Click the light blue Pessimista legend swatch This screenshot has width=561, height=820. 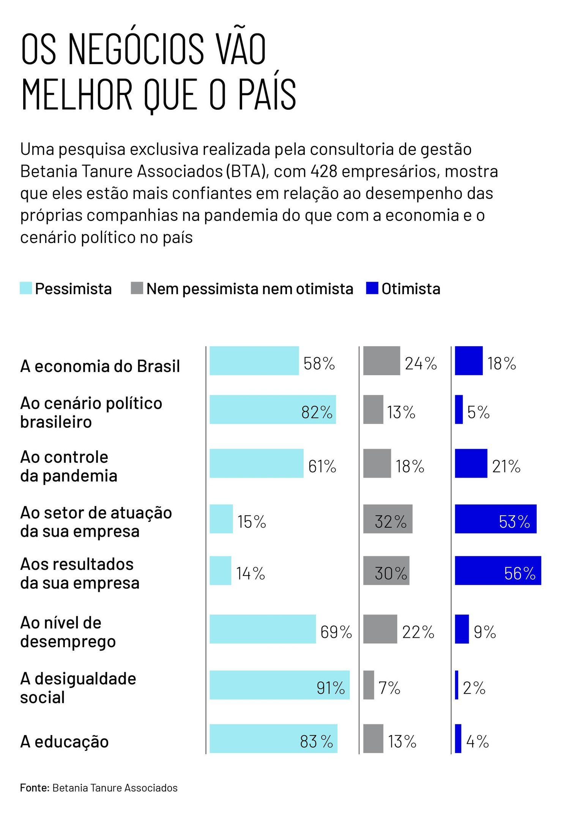click(26, 288)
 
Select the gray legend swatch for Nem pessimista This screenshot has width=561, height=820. click(137, 288)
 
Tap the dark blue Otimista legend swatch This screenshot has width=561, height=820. click(372, 288)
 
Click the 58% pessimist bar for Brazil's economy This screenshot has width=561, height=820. click(254, 361)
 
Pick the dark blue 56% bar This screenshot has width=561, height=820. click(498, 570)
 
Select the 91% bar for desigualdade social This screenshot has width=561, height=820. click(279, 685)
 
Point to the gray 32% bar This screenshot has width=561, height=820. click(388, 519)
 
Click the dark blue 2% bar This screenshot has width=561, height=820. click(457, 685)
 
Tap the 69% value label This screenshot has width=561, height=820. click(336, 632)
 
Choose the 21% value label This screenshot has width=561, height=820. click(506, 466)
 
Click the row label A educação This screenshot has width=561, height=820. click(65, 741)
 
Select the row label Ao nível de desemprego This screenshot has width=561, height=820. click(68, 632)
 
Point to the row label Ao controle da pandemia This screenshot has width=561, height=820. click(69, 466)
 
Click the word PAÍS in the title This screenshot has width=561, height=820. click(267, 94)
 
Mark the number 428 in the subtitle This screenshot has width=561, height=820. click(324, 171)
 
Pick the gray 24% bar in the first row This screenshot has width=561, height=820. click(381, 361)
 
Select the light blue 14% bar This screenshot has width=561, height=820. click(220, 570)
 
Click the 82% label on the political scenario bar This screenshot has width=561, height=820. click(317, 412)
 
